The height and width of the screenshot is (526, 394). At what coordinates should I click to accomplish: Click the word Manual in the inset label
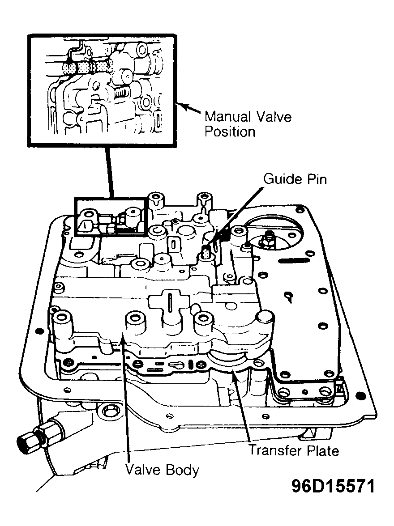(x=227, y=117)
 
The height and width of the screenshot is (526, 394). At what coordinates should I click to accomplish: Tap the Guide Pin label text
(x=295, y=179)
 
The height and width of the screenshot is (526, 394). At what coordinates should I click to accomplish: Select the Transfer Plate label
(x=294, y=450)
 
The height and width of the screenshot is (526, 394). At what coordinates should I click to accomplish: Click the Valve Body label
(x=162, y=470)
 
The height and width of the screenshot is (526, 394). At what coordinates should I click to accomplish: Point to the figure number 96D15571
(x=333, y=486)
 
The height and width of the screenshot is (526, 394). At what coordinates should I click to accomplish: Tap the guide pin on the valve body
(x=206, y=251)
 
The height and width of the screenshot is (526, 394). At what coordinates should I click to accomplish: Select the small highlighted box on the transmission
(x=111, y=216)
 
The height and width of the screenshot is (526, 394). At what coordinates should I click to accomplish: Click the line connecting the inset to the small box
(x=110, y=173)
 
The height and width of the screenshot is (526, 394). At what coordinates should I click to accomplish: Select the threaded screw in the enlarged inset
(x=121, y=91)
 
